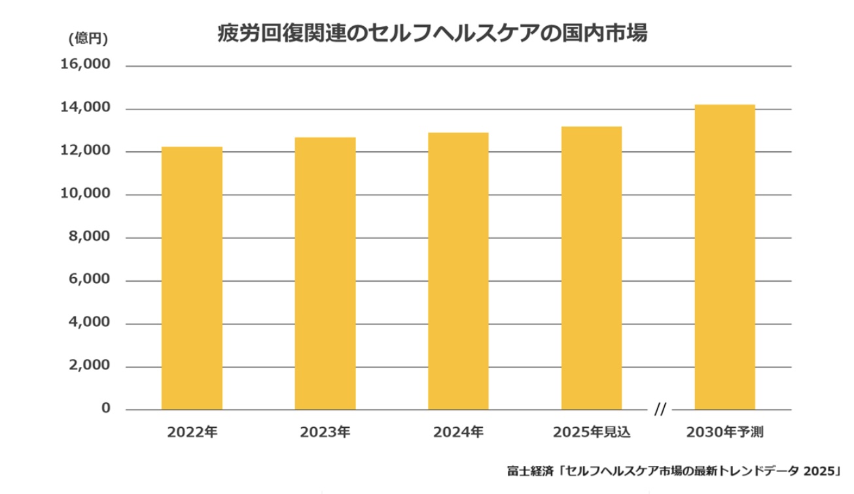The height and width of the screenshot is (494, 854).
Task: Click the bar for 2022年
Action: click(192, 278)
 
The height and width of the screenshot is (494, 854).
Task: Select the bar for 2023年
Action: click(325, 274)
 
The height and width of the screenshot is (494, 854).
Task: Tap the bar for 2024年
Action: click(458, 271)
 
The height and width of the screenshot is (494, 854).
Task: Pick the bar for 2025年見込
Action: click(592, 268)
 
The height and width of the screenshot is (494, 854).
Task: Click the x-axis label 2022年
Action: click(192, 432)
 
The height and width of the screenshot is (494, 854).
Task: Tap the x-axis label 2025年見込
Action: click(592, 432)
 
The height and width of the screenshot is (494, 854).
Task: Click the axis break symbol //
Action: click(660, 410)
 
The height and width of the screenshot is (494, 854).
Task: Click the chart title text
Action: click(432, 34)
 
